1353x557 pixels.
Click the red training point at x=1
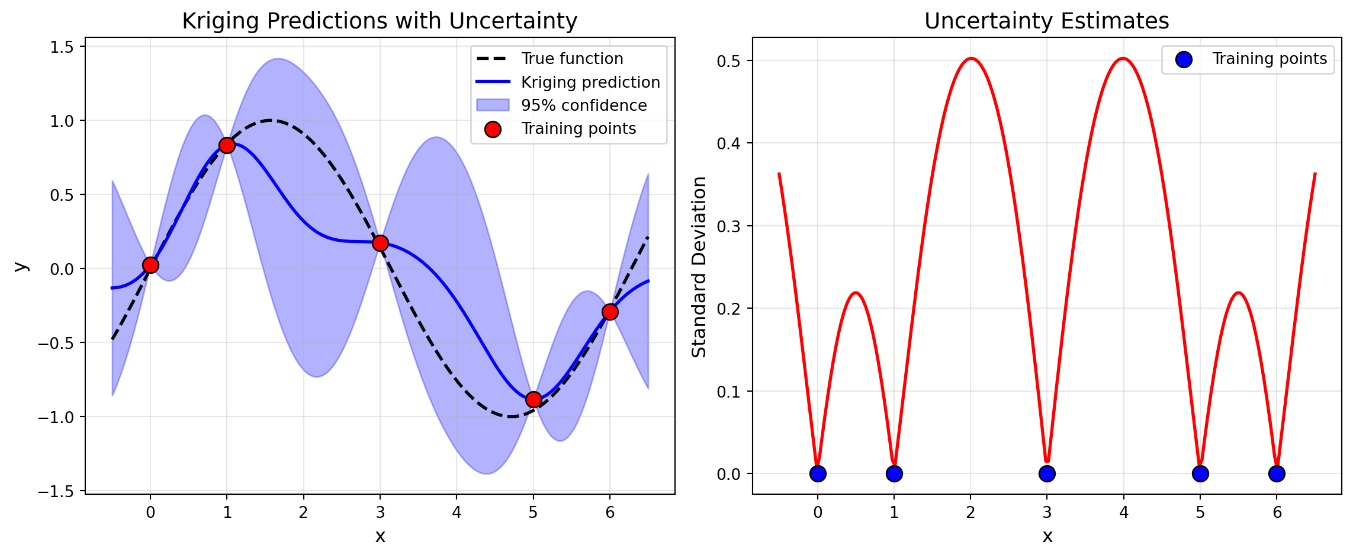[227, 145]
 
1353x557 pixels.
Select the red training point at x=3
[380, 243]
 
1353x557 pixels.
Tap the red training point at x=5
[534, 399]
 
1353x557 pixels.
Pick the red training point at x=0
[150, 265]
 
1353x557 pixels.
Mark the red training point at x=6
[610, 312]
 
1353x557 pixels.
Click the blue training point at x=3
[1047, 473]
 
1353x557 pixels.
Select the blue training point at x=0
[818, 473]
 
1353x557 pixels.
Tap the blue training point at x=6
[1277, 473]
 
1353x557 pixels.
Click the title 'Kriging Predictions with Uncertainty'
[380, 21]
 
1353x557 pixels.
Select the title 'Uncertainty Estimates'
[1046, 21]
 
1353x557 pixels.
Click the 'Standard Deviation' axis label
[699, 267]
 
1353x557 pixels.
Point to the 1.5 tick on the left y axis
[66, 47]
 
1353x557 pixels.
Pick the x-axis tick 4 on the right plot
[1123, 513]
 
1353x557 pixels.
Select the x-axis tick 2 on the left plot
[303, 513]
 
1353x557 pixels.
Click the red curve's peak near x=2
[971, 58]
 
